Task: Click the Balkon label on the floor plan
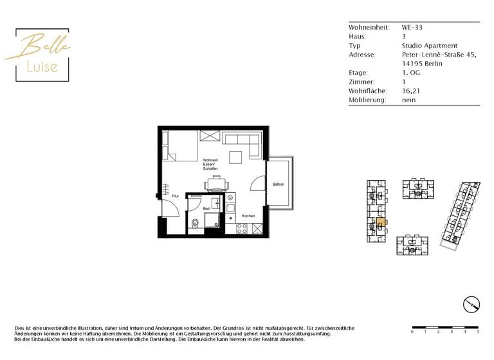coord(278,184)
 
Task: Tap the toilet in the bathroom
coord(194,224)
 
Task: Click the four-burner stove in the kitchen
coord(242,228)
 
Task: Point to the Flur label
coord(175,195)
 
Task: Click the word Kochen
coord(249,215)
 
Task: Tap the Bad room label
coord(206,209)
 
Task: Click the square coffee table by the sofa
coord(237,157)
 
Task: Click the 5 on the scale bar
coord(478,332)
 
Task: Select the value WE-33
coord(412,28)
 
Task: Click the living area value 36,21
coord(410,91)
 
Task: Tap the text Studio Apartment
coord(429,46)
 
